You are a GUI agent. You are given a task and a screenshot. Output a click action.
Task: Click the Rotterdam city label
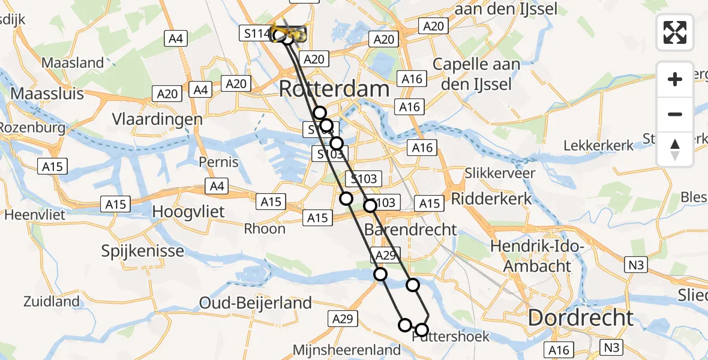click(335, 89)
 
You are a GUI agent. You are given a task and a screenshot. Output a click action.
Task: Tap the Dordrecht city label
click(580, 317)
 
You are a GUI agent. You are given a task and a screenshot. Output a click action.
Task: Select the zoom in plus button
click(675, 79)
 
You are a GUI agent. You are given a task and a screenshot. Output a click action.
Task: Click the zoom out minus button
click(675, 114)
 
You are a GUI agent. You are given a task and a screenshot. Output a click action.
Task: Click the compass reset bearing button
click(675, 149)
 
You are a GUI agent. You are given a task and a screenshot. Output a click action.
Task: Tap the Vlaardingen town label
click(158, 119)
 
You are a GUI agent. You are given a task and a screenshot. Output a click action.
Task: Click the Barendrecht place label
click(411, 229)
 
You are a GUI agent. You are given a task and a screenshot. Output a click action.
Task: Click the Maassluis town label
click(47, 94)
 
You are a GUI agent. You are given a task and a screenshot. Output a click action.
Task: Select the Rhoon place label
click(265, 228)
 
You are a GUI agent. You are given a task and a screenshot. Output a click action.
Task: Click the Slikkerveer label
click(500, 173)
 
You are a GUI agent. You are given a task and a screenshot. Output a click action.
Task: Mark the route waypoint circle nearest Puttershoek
click(422, 329)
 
